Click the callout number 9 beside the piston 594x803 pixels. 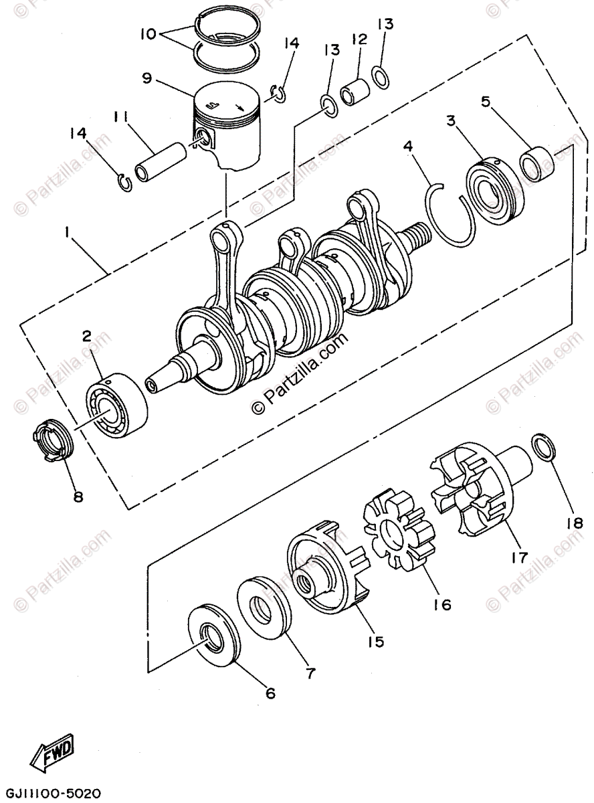point(147,78)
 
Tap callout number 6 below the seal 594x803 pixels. point(270,693)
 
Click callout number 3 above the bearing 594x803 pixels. point(452,121)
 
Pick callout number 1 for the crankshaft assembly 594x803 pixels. point(68,232)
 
